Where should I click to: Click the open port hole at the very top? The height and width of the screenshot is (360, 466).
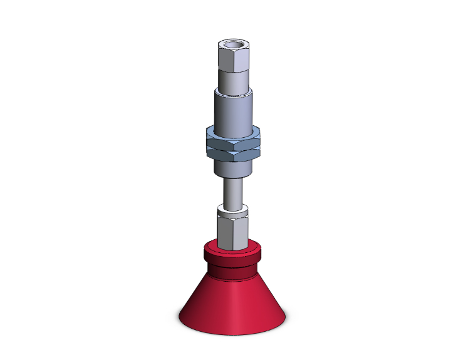tap(233, 45)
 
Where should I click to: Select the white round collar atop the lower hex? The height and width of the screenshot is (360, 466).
tap(233, 210)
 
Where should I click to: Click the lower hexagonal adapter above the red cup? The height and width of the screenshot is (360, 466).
tap(233, 229)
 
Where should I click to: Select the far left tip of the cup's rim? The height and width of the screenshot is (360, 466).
tap(180, 315)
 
